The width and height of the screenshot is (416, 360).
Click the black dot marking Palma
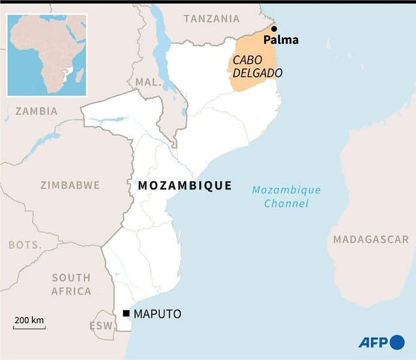(274, 29)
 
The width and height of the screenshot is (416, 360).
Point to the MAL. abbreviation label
(147, 82)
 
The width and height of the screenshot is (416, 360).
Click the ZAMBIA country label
(37, 111)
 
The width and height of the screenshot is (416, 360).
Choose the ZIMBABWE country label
(70, 185)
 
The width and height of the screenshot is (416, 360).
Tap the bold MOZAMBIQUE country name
(185, 186)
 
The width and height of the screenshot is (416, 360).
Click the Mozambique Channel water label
(286, 197)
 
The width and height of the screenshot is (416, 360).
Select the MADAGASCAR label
(371, 239)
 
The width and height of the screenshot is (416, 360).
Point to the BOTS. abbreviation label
(25, 245)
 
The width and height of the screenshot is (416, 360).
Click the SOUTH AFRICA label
(71, 284)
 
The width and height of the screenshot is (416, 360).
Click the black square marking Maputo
(126, 314)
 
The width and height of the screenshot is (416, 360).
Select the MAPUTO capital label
(157, 314)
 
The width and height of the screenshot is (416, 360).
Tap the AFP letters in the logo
(373, 343)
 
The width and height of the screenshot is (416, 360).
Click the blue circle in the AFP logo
(397, 342)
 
